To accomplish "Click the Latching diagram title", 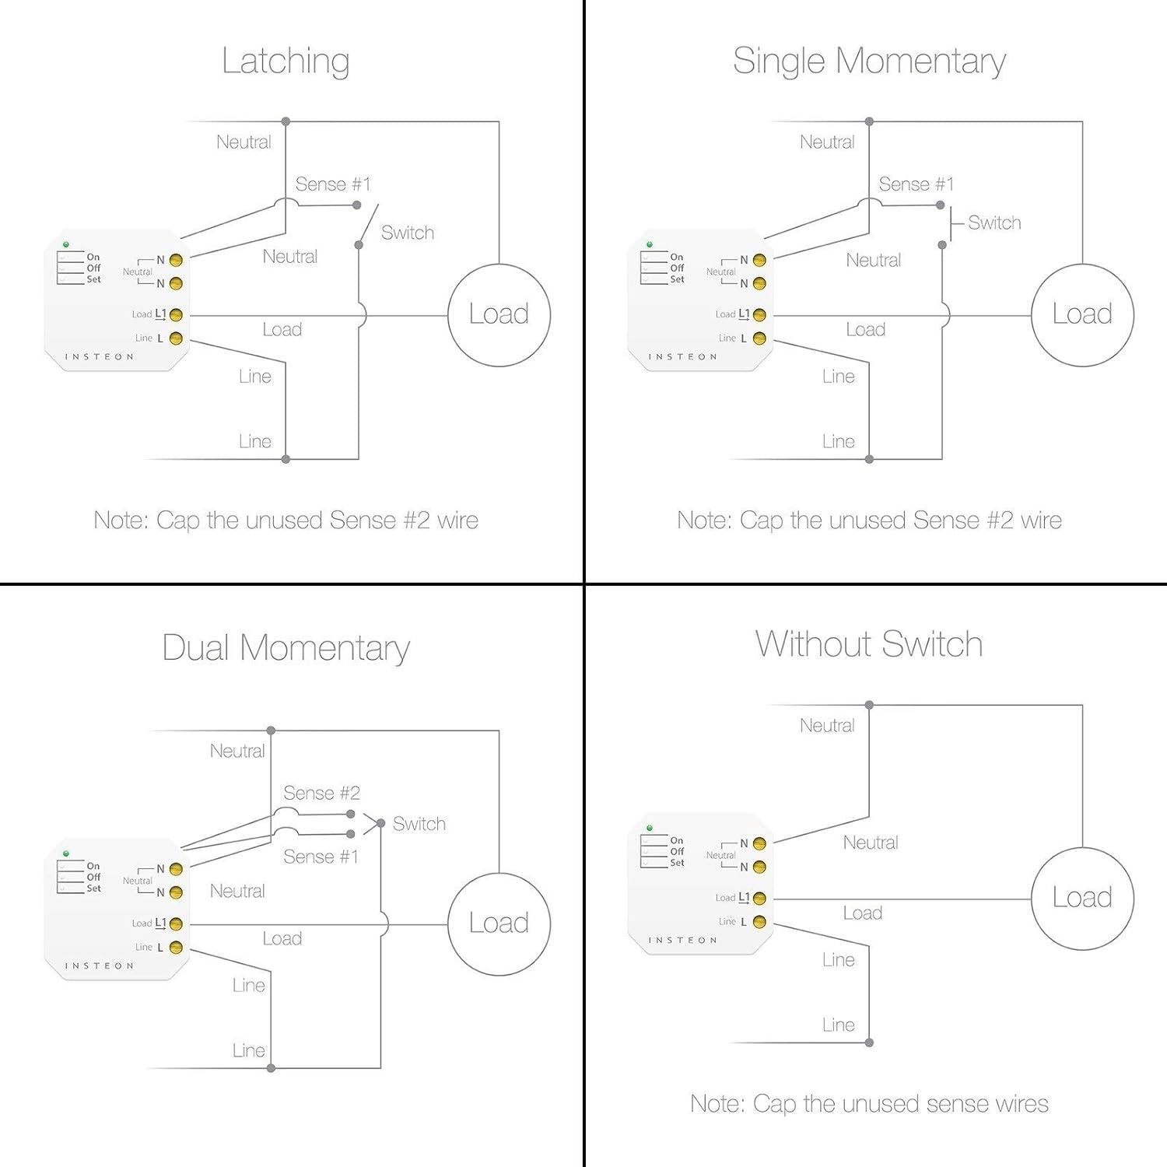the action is click(286, 61).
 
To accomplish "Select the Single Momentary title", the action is click(869, 61).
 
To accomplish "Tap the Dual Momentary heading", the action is click(286, 648).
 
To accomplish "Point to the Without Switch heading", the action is click(869, 644).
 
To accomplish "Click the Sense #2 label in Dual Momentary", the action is click(321, 793).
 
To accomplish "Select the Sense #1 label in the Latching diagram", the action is click(333, 184).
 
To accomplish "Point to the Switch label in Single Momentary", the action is click(994, 223).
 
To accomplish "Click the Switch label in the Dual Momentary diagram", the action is click(419, 824).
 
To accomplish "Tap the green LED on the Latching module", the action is click(66, 244).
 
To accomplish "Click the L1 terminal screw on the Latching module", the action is click(176, 315).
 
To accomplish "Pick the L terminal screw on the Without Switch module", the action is click(759, 922).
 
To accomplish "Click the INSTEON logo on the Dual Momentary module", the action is click(100, 965).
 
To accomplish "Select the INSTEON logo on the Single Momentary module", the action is click(683, 356).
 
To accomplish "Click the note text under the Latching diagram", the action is click(286, 520).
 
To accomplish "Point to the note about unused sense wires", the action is click(869, 1103).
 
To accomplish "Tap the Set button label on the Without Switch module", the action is click(677, 863).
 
